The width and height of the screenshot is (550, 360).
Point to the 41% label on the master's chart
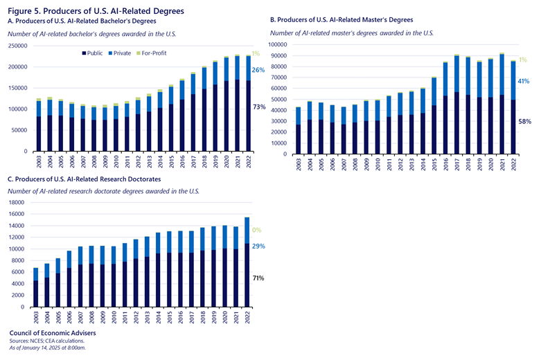point(523,81)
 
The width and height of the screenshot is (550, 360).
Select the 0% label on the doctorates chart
point(256,230)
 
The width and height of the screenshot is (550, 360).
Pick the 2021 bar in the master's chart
point(501,104)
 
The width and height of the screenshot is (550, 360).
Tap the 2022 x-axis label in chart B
point(512,163)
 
